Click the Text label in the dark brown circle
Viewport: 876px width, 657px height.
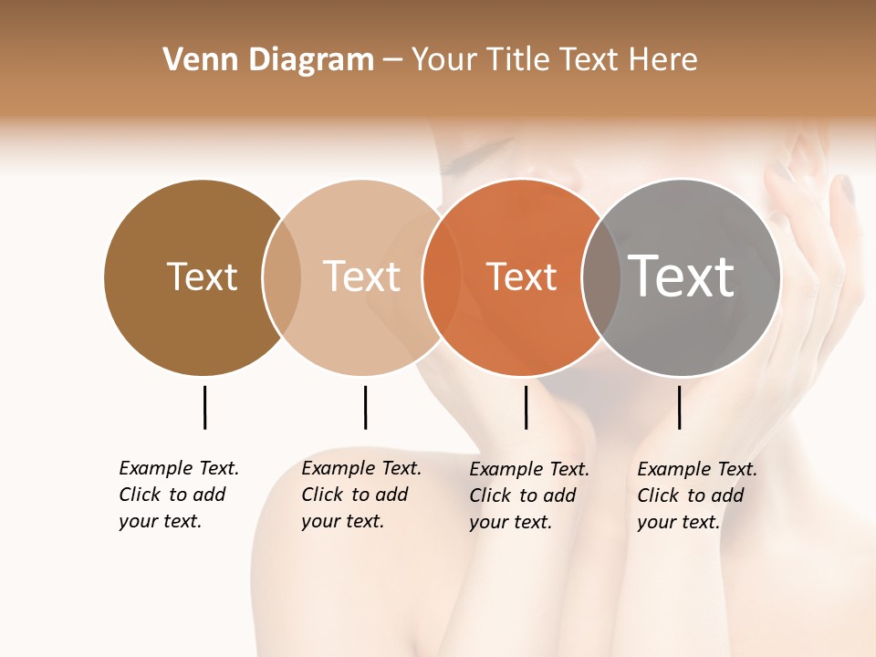[202, 276]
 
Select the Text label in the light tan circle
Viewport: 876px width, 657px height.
[361, 276]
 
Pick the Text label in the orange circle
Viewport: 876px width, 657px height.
[521, 277]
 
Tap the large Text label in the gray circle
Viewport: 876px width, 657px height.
[681, 276]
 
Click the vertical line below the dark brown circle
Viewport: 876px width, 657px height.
[204, 407]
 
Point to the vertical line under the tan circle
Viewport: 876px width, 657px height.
[365, 407]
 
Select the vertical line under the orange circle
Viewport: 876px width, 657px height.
[526, 407]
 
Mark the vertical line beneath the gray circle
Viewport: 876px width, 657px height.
[679, 407]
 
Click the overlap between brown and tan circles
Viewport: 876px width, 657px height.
[282, 276]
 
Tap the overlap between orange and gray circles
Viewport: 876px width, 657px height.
[601, 277]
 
